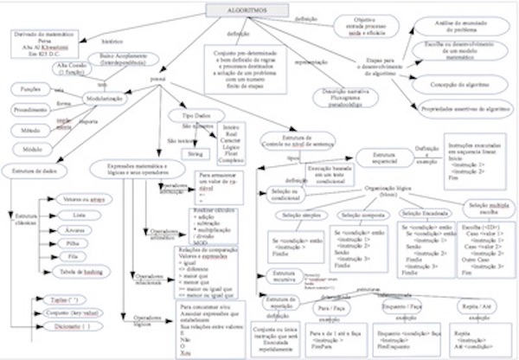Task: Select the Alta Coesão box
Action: tap(73, 67)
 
